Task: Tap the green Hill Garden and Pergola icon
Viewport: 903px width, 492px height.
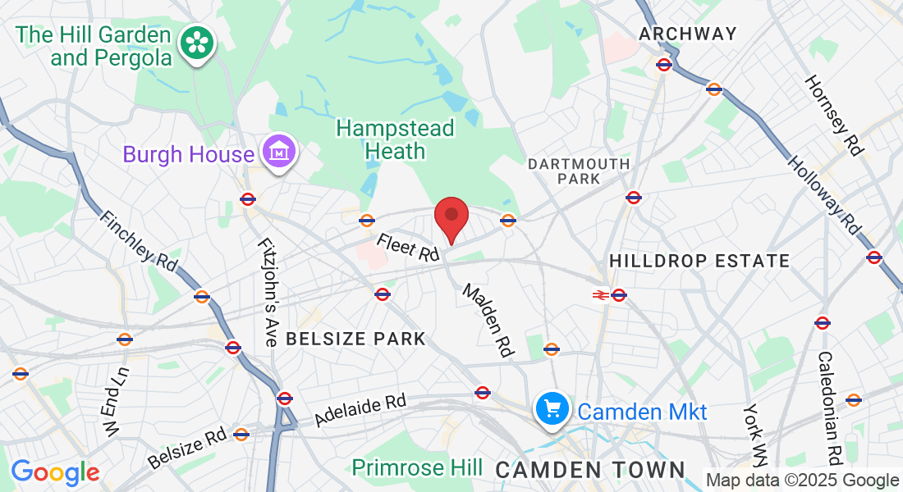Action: [x=198, y=43]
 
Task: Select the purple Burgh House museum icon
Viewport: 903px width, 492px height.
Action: [x=278, y=153]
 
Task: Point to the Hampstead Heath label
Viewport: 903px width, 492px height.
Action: [x=395, y=139]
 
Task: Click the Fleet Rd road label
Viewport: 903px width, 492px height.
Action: [x=408, y=248]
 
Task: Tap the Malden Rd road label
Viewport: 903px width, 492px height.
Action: [x=488, y=320]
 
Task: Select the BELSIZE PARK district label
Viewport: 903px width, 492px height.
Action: [x=355, y=339]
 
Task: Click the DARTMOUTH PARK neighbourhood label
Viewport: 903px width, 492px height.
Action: [x=579, y=171]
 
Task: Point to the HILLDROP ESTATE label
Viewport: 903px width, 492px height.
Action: [x=699, y=262]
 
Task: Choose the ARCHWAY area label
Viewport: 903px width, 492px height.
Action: [x=688, y=34]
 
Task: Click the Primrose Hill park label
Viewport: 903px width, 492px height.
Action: [x=417, y=468]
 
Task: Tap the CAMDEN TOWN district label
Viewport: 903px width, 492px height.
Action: [x=589, y=470]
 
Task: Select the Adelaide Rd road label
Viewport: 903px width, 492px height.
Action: [x=360, y=411]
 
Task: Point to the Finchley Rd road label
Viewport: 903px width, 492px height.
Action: [x=139, y=241]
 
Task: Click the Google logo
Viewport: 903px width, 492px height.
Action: [x=55, y=472]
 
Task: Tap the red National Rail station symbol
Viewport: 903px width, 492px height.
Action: [x=600, y=295]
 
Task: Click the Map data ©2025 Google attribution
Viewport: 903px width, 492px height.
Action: [x=802, y=481]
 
